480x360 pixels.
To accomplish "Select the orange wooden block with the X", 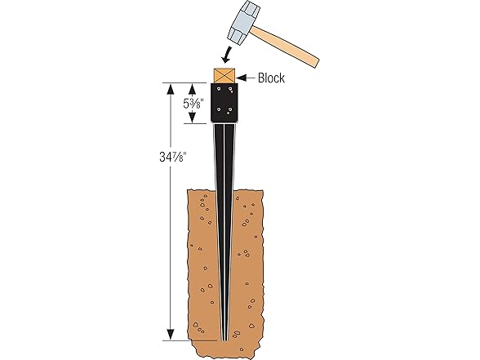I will [224, 75].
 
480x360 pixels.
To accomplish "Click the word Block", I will [271, 78].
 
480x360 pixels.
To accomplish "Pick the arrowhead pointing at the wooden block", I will [240, 78].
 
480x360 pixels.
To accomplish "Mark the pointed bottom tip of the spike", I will [225, 337].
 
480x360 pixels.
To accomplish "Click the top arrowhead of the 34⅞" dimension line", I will [169, 85].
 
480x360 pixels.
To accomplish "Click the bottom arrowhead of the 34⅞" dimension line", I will [169, 335].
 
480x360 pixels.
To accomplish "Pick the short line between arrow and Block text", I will [248, 78].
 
